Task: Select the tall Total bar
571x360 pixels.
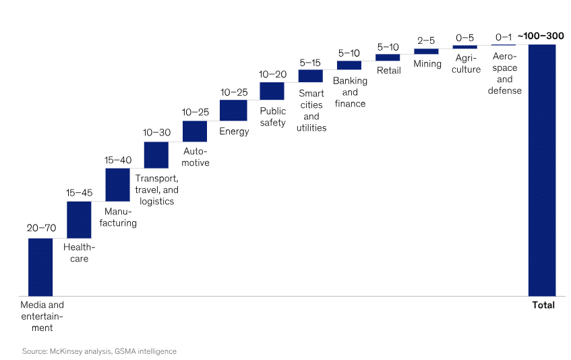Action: point(542,170)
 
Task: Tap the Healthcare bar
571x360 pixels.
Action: point(79,220)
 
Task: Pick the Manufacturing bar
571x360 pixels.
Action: point(117,185)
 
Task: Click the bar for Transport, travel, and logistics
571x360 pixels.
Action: point(156,154)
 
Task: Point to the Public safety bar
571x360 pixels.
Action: point(272,91)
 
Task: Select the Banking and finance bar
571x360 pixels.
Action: point(349,65)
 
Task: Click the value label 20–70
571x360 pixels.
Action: point(41,228)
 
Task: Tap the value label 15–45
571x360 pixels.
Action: point(80,193)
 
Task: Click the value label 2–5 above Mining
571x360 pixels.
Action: point(426,40)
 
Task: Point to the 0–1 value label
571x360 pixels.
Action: point(504,37)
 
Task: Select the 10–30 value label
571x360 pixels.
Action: point(156,133)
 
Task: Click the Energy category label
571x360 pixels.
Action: point(234,131)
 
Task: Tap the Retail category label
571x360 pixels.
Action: point(388,70)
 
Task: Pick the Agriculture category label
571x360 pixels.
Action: point(465,64)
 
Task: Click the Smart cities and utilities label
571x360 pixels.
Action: point(311,111)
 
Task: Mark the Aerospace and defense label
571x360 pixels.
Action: point(504,73)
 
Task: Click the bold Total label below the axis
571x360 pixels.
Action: point(543,305)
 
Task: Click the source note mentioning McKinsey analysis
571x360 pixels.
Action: point(99,351)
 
